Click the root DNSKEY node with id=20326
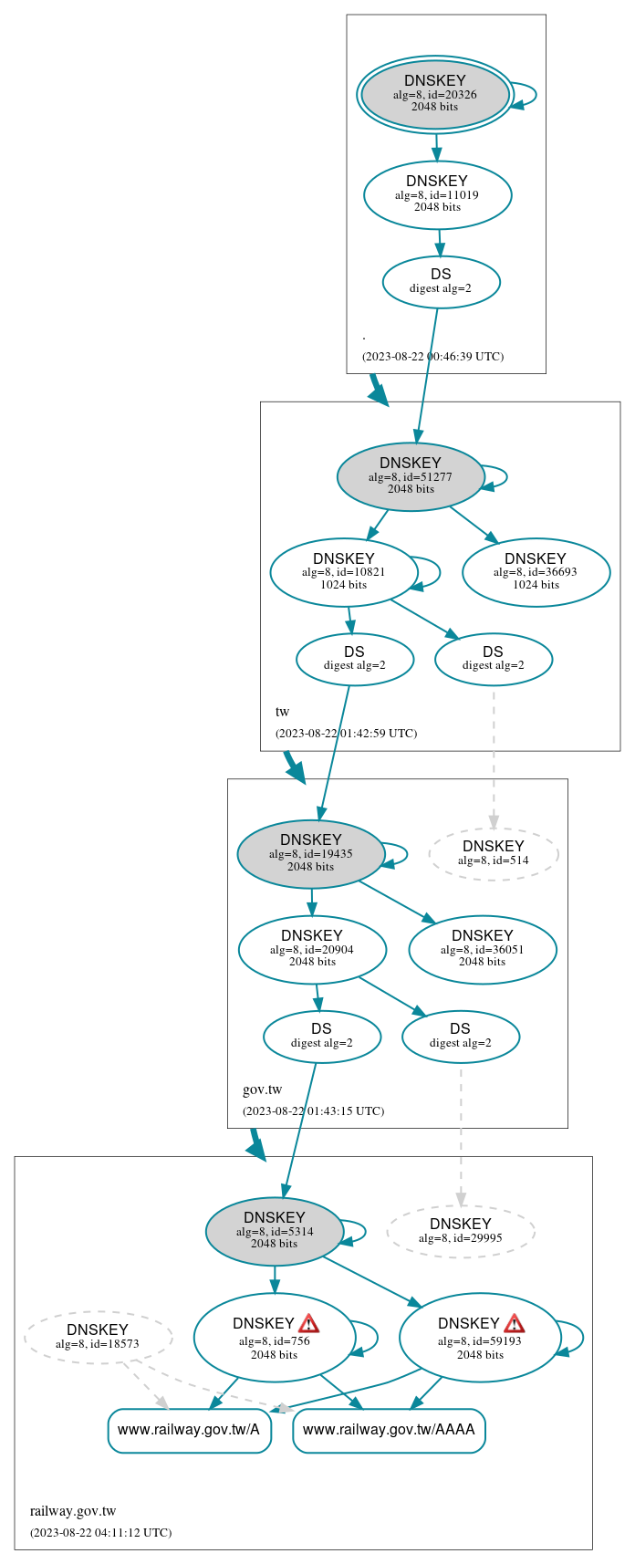coord(435,95)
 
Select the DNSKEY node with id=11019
coord(437,194)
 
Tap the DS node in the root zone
coord(441,282)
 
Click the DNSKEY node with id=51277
coord(411,476)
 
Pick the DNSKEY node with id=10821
coord(343,572)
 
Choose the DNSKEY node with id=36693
coord(536,572)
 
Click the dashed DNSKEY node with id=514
coord(494,854)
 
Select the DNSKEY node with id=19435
coord(311,854)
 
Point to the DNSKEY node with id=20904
coord(312,950)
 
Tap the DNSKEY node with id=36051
coord(482,950)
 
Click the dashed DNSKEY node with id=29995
coord(461,1232)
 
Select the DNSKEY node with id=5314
coord(275,1232)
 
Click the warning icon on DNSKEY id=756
coord(309,1324)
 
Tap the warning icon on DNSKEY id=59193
coord(515,1324)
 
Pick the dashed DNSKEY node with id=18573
coord(98,1338)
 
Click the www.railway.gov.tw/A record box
coord(189,1430)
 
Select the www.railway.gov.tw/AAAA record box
coord(389,1430)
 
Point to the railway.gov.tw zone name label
coord(73,1511)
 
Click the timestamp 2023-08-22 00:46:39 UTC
coord(432,357)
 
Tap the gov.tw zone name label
coord(263,1090)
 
